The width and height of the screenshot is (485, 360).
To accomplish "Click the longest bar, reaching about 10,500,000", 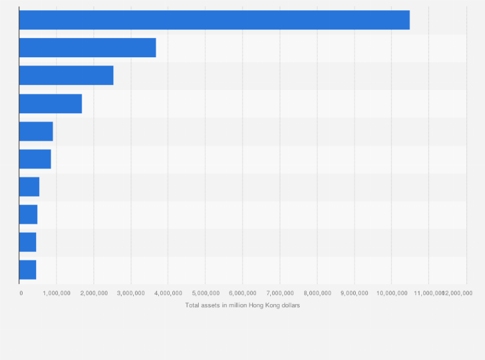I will tap(214, 20).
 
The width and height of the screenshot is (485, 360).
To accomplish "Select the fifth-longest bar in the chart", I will tap(36, 131).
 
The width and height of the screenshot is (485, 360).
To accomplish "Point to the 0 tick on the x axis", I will tap(21, 293).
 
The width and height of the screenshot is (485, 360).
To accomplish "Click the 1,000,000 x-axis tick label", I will tap(57, 293).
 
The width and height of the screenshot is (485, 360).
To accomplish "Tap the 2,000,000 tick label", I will tap(94, 293).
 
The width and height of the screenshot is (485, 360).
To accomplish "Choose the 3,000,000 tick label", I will tap(131, 293).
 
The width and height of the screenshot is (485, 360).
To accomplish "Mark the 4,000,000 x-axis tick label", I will tap(169, 293).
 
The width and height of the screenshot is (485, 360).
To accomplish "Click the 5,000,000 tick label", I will tap(205, 293).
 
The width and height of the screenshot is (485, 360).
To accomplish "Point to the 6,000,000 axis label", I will tap(243, 293).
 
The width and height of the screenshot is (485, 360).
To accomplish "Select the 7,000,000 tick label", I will tap(280, 293).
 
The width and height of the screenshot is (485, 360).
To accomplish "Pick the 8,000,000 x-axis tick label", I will tap(317, 293).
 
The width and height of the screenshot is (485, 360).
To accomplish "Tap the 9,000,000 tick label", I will tap(354, 293).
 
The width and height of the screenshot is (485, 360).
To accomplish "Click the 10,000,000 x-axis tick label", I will tap(392, 293).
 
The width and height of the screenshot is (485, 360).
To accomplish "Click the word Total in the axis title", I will tap(192, 305).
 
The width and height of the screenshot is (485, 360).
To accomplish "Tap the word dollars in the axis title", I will tap(289, 305).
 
